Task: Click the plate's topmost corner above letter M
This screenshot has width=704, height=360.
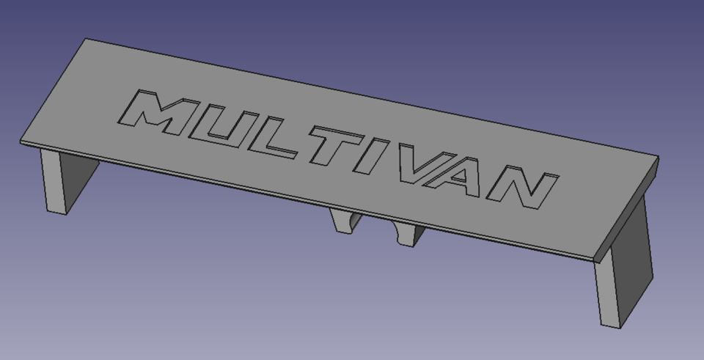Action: (87, 40)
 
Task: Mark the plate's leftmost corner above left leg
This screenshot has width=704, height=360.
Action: (21, 141)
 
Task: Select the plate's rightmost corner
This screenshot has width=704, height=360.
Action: (657, 157)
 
